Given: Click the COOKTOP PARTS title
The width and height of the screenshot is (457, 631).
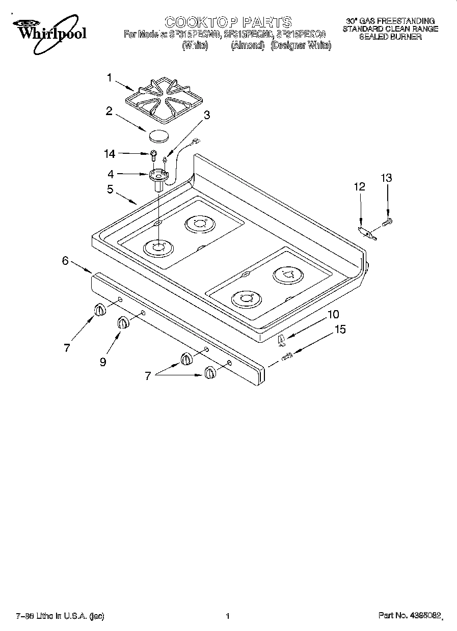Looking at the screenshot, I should pos(228,22).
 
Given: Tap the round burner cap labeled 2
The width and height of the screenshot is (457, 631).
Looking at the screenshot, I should pos(158,135).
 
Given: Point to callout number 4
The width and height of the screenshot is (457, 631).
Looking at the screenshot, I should pos(111,174).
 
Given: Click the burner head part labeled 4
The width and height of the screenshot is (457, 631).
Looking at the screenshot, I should pos(158,178).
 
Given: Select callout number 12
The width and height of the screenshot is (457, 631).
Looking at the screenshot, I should pos(360,187).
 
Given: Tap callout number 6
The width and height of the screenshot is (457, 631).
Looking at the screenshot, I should pos(65,260).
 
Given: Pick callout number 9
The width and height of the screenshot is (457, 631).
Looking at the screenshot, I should pos(103,362).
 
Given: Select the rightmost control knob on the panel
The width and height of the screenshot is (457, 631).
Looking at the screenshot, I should pos(210,373).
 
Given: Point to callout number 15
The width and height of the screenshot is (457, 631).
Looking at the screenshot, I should pos(340,330).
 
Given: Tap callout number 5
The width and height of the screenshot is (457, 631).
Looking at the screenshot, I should pos(110,189).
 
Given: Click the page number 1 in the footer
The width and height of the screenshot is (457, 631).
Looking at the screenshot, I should pos(228,616).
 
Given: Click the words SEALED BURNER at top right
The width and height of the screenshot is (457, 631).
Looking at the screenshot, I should pos(390,37).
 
